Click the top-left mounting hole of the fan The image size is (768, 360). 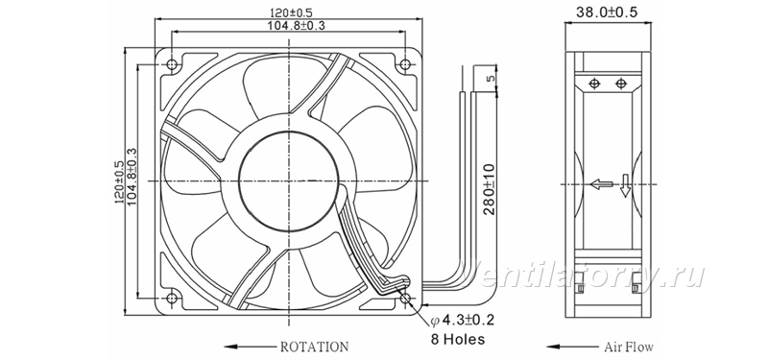point(172,64)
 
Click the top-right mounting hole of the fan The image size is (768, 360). point(405,64)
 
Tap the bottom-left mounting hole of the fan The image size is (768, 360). point(172,298)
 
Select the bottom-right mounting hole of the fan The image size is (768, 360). point(405,298)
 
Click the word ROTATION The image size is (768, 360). point(315,347)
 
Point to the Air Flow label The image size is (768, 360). point(629,348)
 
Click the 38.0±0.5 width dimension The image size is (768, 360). point(607,12)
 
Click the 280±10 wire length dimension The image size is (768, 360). point(490,189)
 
